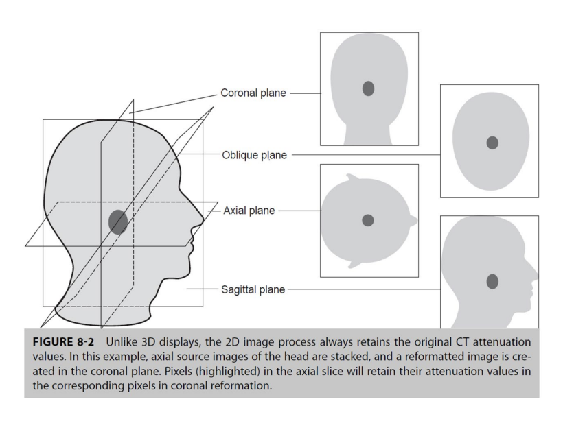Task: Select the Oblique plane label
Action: [254, 155]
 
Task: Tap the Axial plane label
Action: [249, 211]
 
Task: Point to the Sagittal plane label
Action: [253, 290]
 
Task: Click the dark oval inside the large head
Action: [118, 221]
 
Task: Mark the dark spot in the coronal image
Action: [369, 88]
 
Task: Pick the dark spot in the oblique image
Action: [492, 143]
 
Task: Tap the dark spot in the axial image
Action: [368, 220]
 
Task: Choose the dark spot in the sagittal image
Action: [492, 281]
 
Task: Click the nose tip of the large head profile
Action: [203, 221]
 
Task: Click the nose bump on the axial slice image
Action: [415, 221]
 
